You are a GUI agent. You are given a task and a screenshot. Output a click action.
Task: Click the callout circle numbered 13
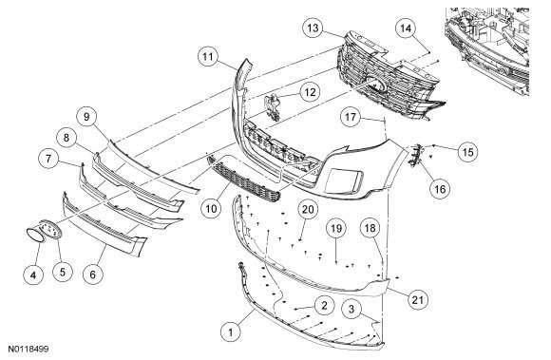(313, 28)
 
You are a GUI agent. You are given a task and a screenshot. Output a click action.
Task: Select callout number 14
(406, 28)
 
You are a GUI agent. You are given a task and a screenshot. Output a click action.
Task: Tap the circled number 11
(208, 57)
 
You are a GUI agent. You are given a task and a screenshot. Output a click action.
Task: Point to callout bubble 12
(310, 92)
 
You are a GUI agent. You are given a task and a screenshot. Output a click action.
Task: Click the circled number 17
(351, 117)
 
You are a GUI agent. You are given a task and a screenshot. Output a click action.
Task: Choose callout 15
(467, 152)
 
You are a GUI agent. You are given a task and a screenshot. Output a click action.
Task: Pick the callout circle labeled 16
(440, 189)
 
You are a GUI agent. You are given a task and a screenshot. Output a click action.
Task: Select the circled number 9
(86, 117)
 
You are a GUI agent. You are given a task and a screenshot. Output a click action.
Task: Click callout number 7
(48, 159)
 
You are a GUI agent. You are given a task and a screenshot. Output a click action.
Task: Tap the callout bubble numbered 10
(211, 209)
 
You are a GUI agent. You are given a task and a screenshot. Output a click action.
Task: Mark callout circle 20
(308, 209)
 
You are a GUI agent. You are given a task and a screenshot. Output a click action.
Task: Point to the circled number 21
(417, 300)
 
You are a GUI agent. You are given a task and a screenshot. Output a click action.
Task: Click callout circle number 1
(231, 332)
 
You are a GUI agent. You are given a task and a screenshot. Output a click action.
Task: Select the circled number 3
(351, 309)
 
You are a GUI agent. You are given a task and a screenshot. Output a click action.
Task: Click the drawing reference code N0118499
(28, 350)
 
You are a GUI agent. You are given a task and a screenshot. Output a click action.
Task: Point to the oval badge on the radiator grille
(375, 84)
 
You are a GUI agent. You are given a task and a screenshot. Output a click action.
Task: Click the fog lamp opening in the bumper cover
(344, 180)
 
